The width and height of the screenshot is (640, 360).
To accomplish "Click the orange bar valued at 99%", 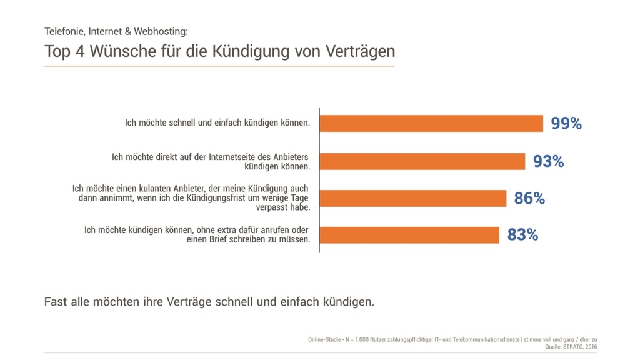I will (431, 123).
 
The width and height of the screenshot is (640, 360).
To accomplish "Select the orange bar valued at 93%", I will (422, 161).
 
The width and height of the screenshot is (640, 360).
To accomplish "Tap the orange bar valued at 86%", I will (413, 198).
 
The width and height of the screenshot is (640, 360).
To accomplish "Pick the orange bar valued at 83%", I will (409, 235).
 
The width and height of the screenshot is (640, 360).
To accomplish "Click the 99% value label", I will (566, 124).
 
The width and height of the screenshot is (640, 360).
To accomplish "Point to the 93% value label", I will (548, 161).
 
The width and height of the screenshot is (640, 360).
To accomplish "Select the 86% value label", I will (529, 199).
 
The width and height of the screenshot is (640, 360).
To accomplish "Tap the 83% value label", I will (522, 235).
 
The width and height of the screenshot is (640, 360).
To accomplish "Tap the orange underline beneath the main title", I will (219, 66).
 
